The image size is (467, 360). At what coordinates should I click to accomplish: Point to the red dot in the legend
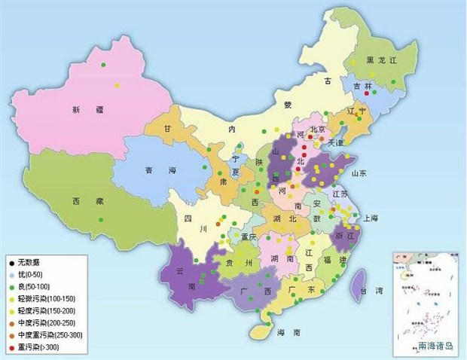pyautogui.click(x=10, y=346)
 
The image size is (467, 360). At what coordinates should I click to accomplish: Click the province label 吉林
pyautogui.click(x=363, y=87)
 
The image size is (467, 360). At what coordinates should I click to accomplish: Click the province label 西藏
pyautogui.click(x=83, y=202)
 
